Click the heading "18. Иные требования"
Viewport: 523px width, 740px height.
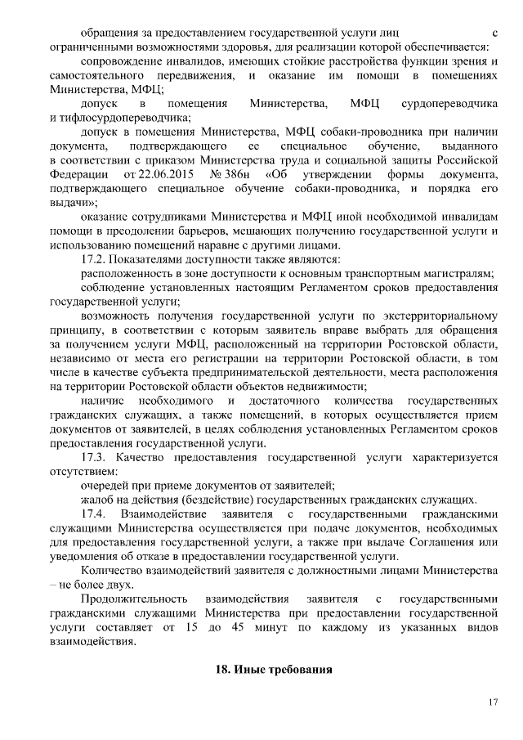point(273,669)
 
